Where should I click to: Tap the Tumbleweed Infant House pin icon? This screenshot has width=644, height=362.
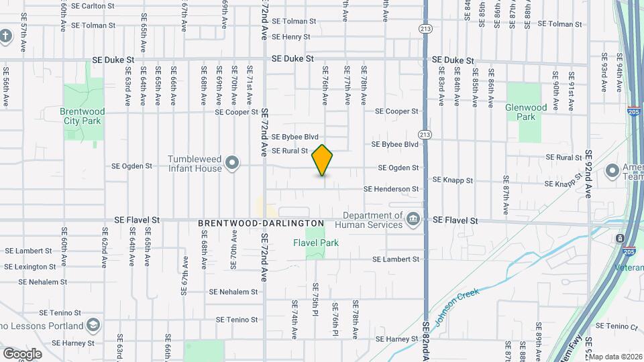[232, 163]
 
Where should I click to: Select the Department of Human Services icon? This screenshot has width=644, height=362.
[413, 219]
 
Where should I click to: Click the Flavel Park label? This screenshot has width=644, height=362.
[316, 243]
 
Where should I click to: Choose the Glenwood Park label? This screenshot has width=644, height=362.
[525, 111]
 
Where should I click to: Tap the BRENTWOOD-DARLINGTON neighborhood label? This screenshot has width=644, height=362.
[261, 223]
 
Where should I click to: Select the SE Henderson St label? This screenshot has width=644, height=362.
[391, 189]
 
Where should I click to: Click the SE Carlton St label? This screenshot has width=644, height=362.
[91, 5]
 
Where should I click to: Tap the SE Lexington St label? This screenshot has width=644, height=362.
[31, 266]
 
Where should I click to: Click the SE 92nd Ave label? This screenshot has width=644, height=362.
[588, 174]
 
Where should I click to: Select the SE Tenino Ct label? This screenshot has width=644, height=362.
[616, 326]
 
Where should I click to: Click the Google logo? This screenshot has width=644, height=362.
[22, 353]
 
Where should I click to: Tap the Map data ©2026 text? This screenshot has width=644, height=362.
[616, 357]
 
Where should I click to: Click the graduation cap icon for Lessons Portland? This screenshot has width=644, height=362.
[94, 326]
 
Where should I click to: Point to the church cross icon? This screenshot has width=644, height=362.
[6, 35]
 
